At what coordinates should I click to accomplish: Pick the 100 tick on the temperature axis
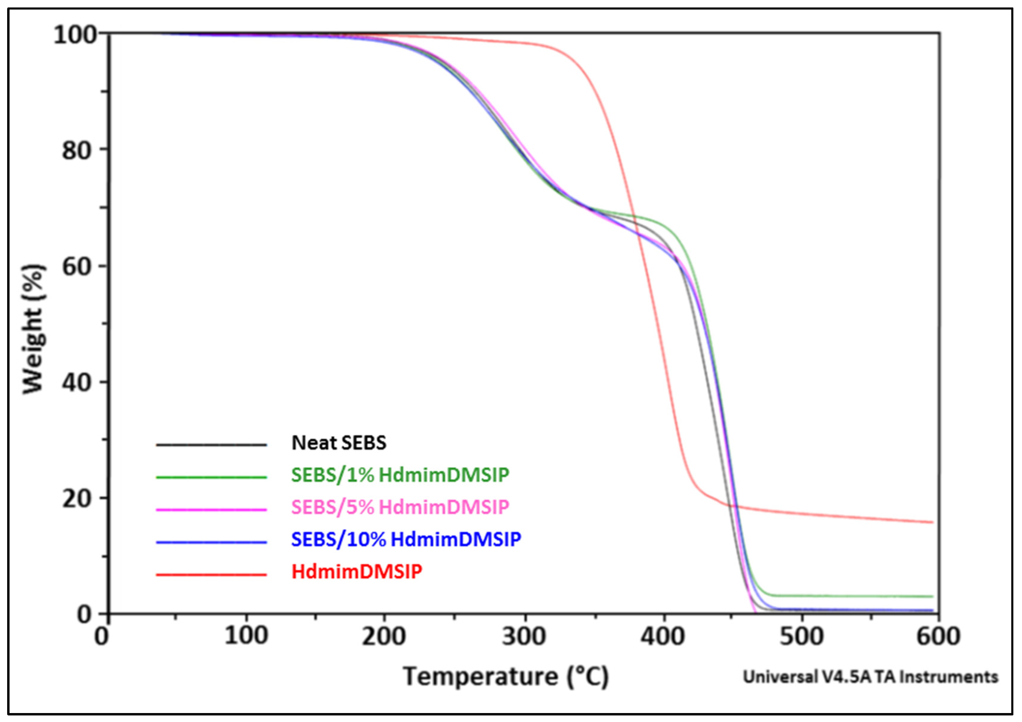click(x=246, y=636)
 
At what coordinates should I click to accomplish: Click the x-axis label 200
click(x=384, y=636)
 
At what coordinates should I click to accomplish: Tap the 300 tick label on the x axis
click(x=524, y=636)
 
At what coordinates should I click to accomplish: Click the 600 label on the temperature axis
click(x=938, y=636)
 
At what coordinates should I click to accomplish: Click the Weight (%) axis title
click(x=33, y=330)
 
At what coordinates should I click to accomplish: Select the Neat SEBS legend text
click(x=339, y=443)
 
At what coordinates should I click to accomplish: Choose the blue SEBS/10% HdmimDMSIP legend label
click(x=406, y=539)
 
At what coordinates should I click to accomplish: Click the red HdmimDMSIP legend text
click(x=357, y=572)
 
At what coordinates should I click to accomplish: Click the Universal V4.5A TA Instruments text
click(x=870, y=677)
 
